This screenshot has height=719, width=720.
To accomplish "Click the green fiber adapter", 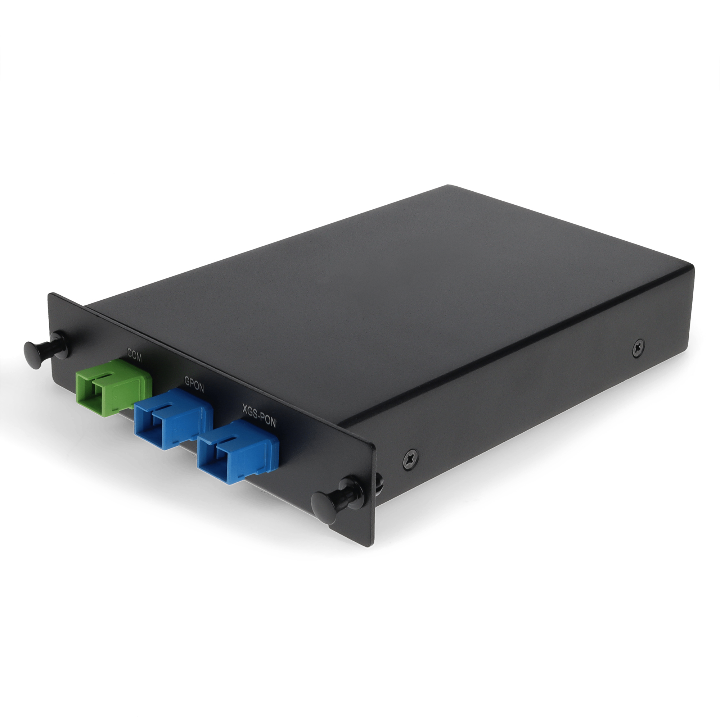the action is pyautogui.click(x=114, y=384).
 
